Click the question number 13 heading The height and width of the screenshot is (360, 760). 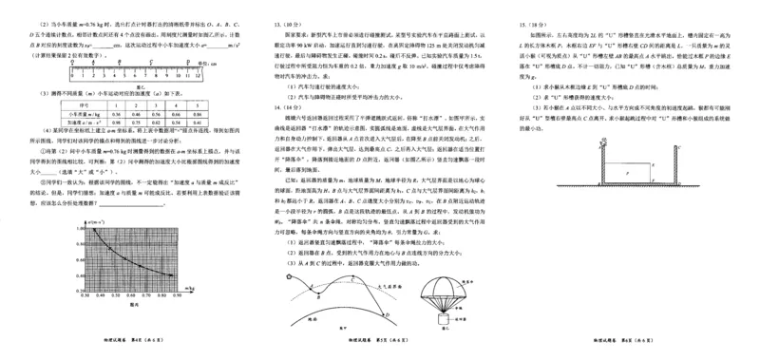tap(278, 21)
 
